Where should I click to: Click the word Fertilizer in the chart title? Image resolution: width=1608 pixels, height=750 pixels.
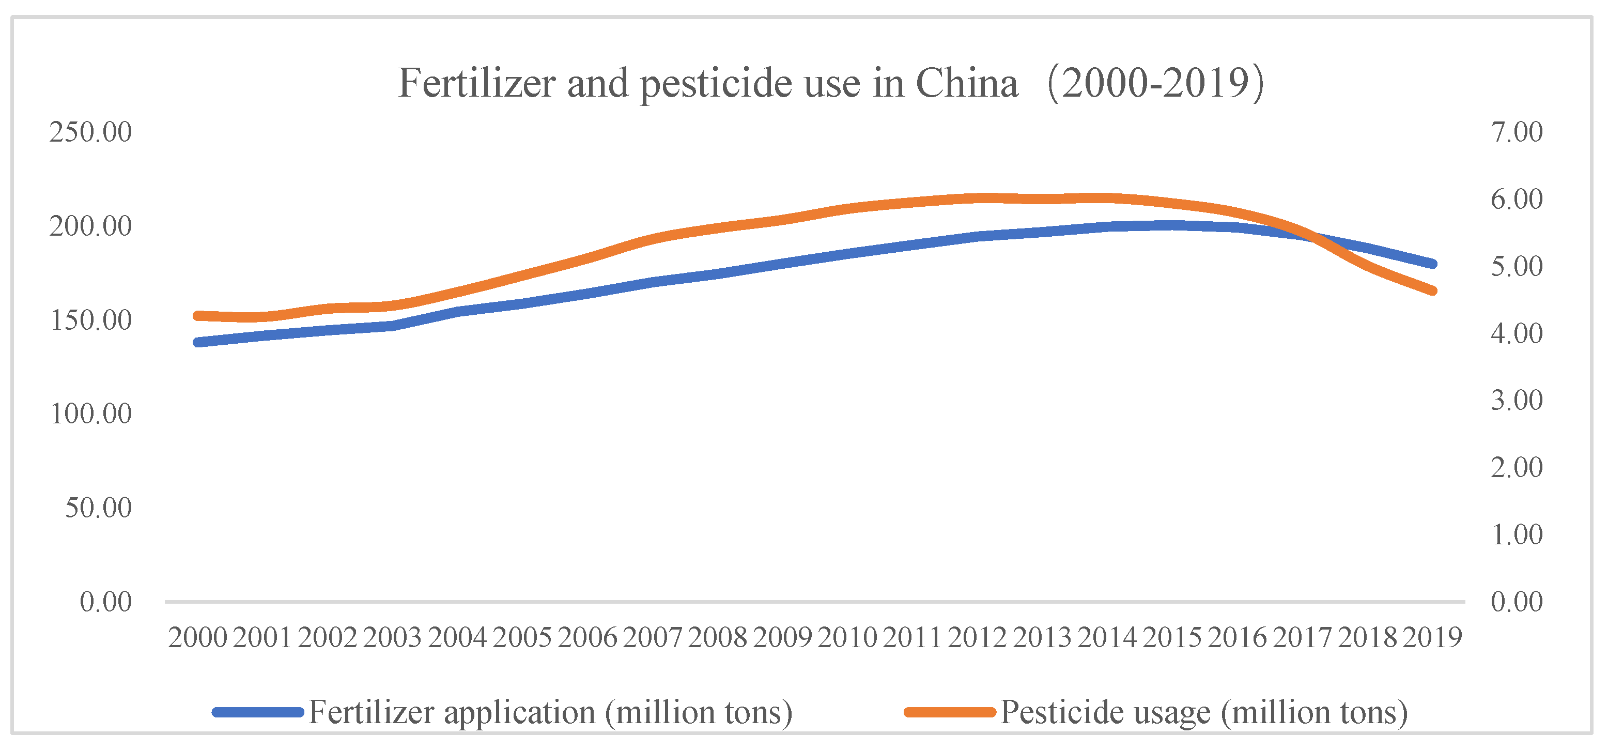pos(477,83)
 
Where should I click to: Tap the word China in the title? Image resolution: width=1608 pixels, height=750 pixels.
pos(966,83)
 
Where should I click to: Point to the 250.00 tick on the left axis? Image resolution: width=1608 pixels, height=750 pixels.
pos(90,132)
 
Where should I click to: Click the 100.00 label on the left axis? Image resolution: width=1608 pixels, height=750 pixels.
pos(90,414)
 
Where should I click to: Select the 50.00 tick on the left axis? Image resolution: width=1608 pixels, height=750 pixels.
pos(98,508)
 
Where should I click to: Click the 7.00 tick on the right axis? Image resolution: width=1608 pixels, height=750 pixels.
pos(1516,132)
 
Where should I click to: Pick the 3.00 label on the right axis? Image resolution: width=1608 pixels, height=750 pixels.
pos(1516,400)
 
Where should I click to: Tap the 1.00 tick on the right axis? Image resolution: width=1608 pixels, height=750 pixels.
pos(1516,535)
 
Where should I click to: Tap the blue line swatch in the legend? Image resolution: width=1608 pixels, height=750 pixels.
pos(258,712)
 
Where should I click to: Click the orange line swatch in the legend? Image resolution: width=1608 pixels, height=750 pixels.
pos(949,712)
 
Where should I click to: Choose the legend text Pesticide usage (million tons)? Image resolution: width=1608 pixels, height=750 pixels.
pos(1204,712)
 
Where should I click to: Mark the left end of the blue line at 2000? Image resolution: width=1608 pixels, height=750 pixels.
pos(198,342)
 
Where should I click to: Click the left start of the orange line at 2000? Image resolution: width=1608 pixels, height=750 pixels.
pos(198,316)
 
